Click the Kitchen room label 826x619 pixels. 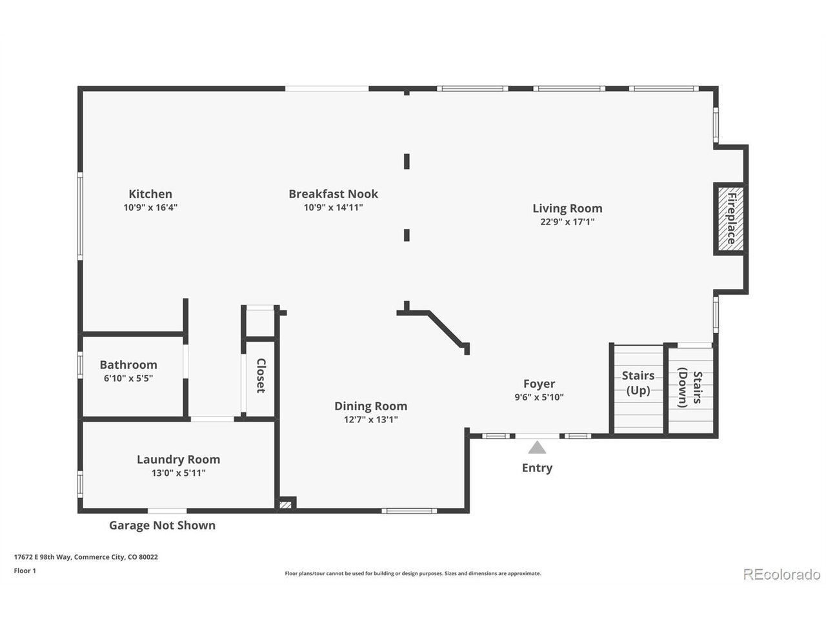[150, 194]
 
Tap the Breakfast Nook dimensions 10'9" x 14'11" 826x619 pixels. [333, 207]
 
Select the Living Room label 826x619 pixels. [567, 208]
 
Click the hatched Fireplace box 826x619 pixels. [730, 219]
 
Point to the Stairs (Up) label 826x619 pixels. [638, 383]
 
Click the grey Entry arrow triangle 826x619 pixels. [537, 447]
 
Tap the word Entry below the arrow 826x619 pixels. [537, 468]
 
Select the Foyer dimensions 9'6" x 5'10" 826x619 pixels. [539, 397]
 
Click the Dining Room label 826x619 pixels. [370, 406]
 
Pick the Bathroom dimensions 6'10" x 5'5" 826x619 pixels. [128, 378]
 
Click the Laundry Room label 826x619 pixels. [178, 459]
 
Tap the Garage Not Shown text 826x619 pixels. [162, 525]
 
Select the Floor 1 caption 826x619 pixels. [25, 571]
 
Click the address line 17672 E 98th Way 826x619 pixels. [86, 556]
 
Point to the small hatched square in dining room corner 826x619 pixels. [285, 505]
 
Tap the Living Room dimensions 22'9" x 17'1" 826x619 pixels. [567, 221]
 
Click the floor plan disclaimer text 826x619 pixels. [413, 573]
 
